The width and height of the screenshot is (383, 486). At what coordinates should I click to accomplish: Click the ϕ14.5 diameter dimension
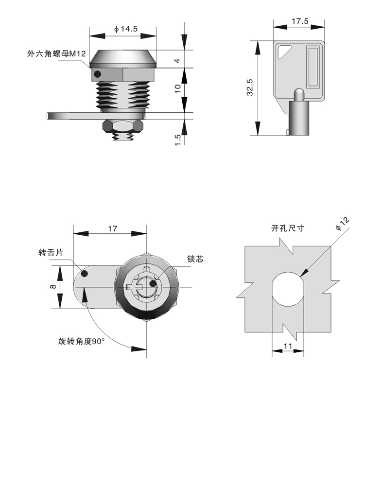126,29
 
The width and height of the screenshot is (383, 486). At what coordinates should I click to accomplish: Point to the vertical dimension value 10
177,88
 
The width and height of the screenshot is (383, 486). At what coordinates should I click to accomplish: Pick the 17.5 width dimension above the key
300,21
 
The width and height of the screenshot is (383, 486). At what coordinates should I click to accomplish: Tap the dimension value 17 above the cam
112,228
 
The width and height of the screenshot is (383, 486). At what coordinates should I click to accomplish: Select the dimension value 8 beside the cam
53,287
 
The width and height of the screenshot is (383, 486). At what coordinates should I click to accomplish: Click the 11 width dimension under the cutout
287,346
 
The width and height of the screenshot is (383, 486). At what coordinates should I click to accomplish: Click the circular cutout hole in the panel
288,288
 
